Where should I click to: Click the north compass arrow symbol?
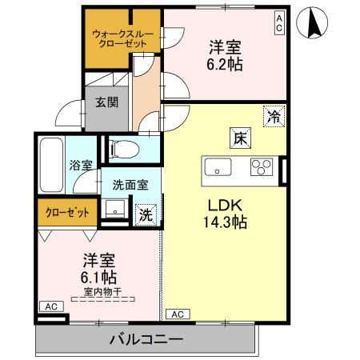314,25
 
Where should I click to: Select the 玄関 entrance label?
102,102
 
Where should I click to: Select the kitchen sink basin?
218,168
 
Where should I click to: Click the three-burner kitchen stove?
262,167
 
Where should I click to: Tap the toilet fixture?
123,149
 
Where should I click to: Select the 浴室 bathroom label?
81,165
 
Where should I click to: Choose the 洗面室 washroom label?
128,184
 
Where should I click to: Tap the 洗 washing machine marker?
146,214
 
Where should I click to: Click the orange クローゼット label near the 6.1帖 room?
66,213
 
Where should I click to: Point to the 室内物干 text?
101,291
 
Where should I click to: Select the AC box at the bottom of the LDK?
179,314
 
